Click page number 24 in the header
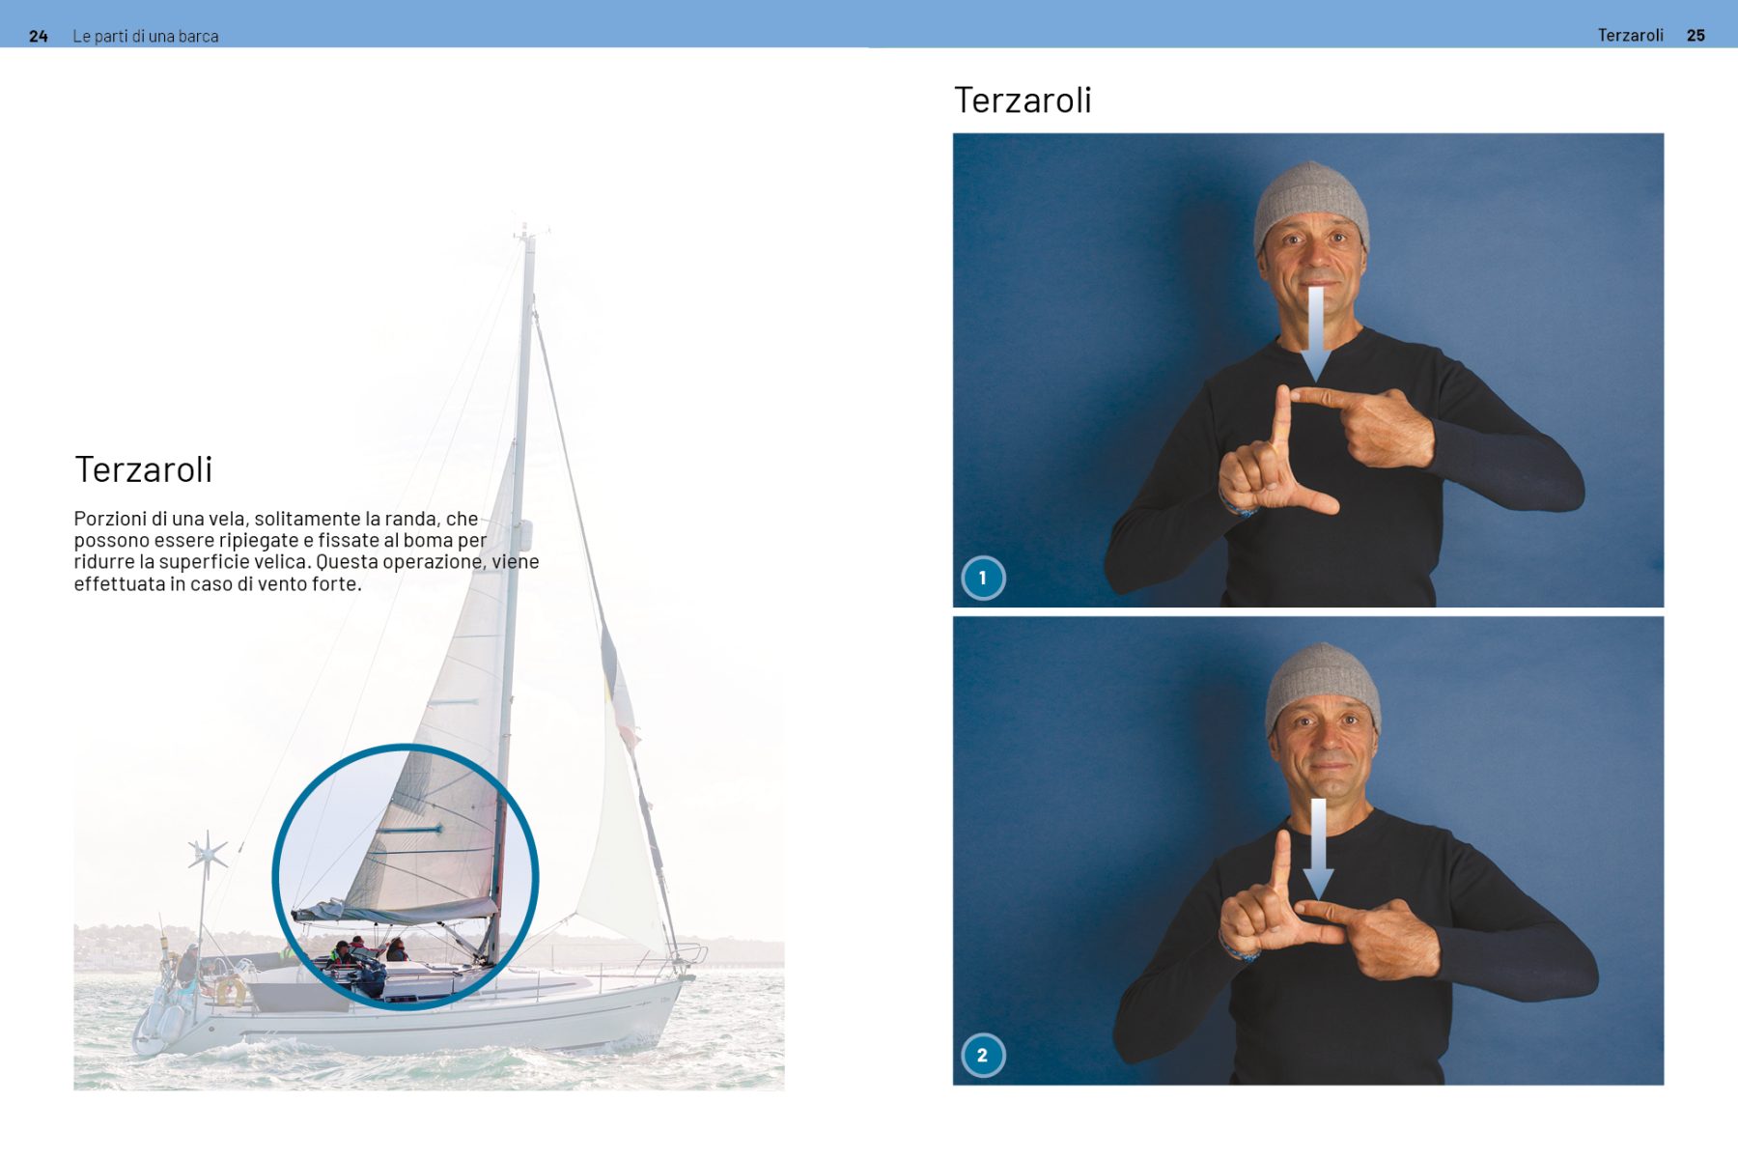point(39,36)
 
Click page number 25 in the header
point(1696,35)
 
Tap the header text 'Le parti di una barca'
point(146,36)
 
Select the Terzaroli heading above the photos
point(1023,99)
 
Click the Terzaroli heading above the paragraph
point(143,469)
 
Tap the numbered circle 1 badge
point(983,578)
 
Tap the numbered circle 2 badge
point(983,1055)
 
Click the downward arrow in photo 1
point(1315,332)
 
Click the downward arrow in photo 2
point(1318,849)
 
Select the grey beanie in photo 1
point(1311,203)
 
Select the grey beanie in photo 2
point(1323,684)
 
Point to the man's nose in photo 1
point(1313,257)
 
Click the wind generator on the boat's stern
point(207,854)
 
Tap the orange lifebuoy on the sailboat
point(230,990)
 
